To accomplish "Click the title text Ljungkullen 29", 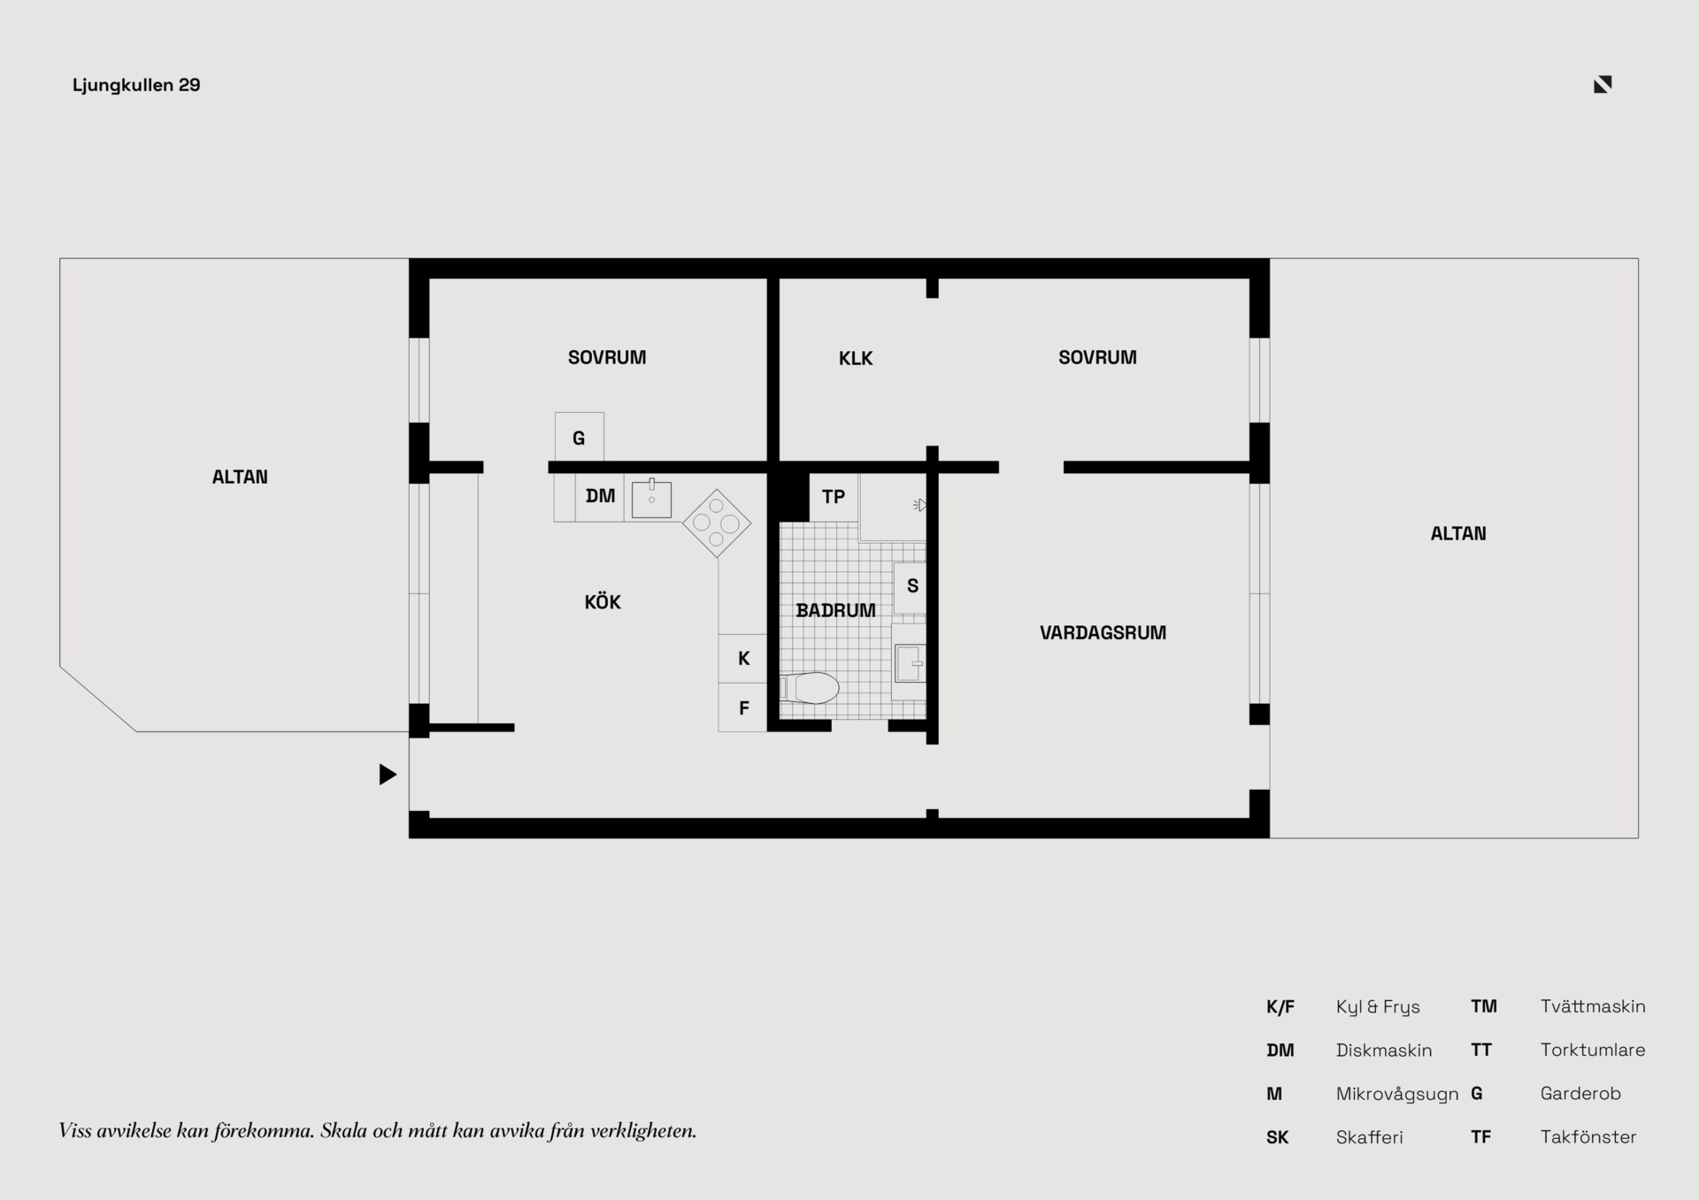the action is pos(136,85).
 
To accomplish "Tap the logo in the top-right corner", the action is pos(1603,84).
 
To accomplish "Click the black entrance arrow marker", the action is pos(388,775).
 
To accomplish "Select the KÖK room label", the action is pos(603,602).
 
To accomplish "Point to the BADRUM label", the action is pos(835,610).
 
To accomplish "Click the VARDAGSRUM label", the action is pos(1103,632).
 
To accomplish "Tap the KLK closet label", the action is pos(856,358).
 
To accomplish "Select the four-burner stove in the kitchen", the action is pos(717,524).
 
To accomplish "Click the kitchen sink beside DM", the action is pos(651,499).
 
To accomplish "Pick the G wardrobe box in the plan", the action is pos(580,437).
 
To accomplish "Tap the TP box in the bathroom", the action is pos(834,497).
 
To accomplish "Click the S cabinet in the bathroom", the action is pos(910,587).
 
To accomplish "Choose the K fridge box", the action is pos(742,658).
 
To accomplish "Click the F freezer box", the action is pos(742,707).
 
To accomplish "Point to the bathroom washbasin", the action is pos(909,662).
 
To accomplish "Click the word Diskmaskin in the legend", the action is pos(1384,1051).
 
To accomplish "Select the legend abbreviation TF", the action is pos(1480,1137).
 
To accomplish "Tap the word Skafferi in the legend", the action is pos(1370,1137).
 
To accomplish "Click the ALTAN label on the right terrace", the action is pos(1458,533).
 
